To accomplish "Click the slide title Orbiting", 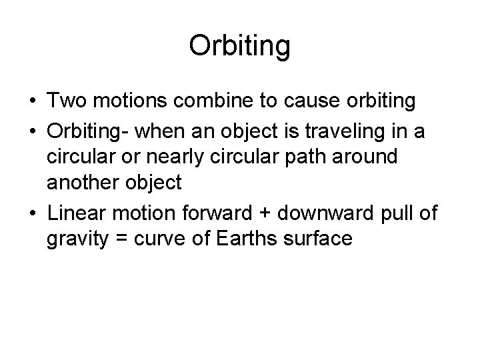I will pos(239,47).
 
